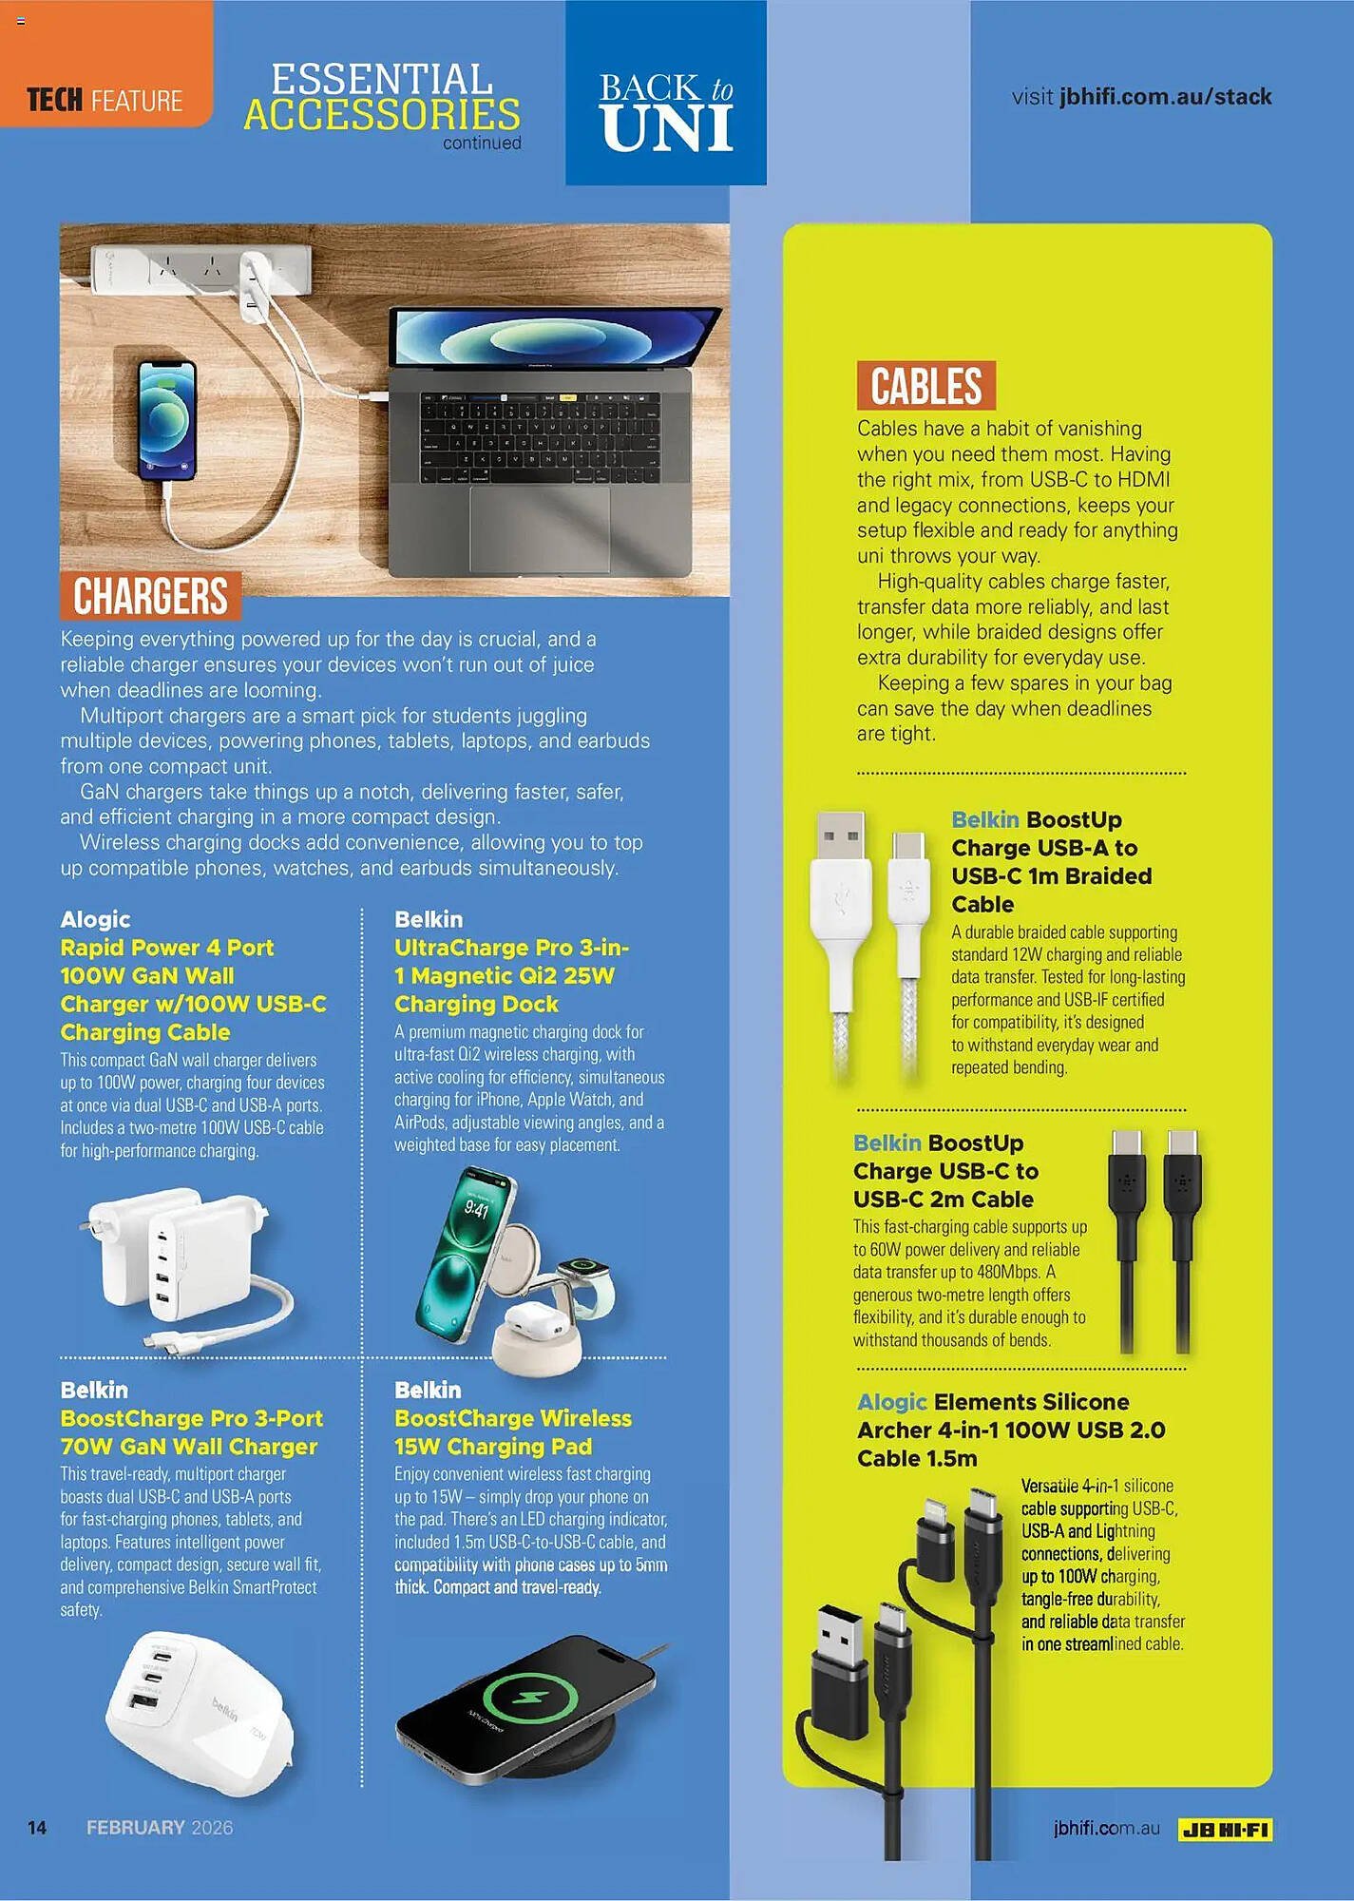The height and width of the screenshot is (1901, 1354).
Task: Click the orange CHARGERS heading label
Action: pyautogui.click(x=150, y=596)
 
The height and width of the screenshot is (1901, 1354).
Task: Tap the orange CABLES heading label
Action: pyautogui.click(x=925, y=386)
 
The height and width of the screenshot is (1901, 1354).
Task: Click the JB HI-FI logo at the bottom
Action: pyautogui.click(x=1225, y=1828)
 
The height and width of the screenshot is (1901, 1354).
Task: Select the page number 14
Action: pyautogui.click(x=37, y=1827)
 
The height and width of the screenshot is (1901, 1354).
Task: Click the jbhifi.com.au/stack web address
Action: pyautogui.click(x=1165, y=97)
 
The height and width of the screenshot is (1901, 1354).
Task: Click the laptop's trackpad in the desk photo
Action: pyautogui.click(x=539, y=528)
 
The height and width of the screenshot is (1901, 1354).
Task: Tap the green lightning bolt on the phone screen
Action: pyautogui.click(x=530, y=1698)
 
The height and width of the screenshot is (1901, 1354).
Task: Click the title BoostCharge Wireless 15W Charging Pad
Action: pyautogui.click(x=512, y=1431)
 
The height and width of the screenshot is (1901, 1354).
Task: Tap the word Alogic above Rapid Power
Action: pyautogui.click(x=95, y=919)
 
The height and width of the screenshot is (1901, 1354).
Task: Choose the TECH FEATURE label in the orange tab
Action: pyautogui.click(x=105, y=100)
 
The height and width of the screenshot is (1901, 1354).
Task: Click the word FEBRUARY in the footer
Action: pyautogui.click(x=136, y=1827)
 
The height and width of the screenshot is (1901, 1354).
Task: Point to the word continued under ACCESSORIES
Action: pyautogui.click(x=482, y=144)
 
